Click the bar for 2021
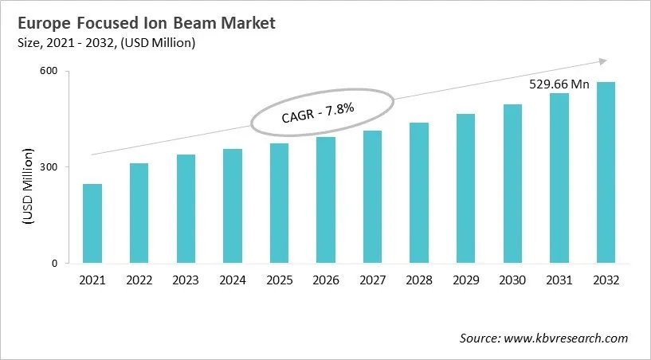click(92, 224)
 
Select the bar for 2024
click(233, 206)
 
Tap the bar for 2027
click(373, 197)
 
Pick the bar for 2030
click(512, 184)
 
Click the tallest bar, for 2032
click(606, 173)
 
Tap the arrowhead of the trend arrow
click(603, 61)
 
